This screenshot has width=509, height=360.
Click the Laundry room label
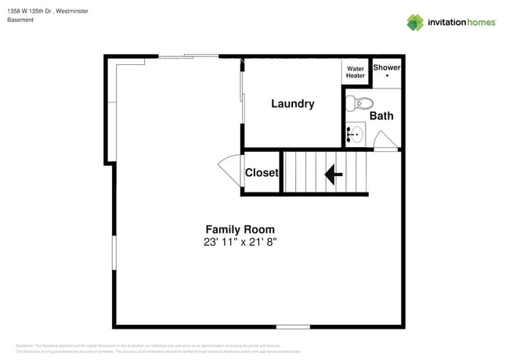click(x=293, y=103)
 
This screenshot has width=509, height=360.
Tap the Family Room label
click(x=240, y=229)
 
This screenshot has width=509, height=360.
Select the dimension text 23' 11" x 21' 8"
click(x=240, y=243)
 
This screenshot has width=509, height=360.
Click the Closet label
click(x=262, y=173)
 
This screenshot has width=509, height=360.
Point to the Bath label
click(x=381, y=116)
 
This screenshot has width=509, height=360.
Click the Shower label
click(x=386, y=67)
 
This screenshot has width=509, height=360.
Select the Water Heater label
click(x=356, y=72)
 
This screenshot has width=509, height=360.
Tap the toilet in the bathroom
click(x=359, y=102)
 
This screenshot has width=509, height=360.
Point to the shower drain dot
click(x=387, y=77)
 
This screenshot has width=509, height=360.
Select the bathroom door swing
click(x=385, y=141)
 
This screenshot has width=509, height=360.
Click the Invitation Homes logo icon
click(x=415, y=22)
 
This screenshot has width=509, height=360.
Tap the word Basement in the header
click(x=20, y=20)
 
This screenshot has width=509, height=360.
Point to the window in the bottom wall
click(x=292, y=326)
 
